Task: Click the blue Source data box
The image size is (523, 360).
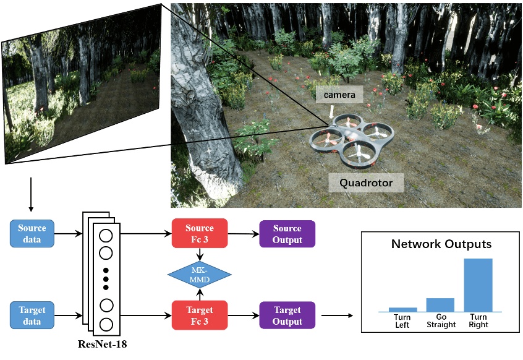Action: click(32, 234)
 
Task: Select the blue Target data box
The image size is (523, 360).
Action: click(32, 315)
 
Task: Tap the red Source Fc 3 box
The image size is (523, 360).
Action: click(199, 234)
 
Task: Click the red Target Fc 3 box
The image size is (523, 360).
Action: click(199, 315)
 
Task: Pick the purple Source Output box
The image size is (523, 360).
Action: click(287, 234)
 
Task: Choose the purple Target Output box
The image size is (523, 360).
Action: click(287, 315)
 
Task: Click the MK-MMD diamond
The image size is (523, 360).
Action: click(199, 274)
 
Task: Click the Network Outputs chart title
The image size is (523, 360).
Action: click(441, 244)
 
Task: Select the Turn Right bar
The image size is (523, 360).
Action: click(478, 285)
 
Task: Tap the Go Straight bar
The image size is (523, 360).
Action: click(440, 304)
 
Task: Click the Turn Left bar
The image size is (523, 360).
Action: click(402, 309)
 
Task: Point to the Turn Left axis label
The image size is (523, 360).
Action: click(402, 320)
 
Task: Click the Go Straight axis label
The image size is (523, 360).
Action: click(441, 320)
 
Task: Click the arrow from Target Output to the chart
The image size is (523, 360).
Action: click(338, 315)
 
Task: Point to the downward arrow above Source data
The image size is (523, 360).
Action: click(32, 195)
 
